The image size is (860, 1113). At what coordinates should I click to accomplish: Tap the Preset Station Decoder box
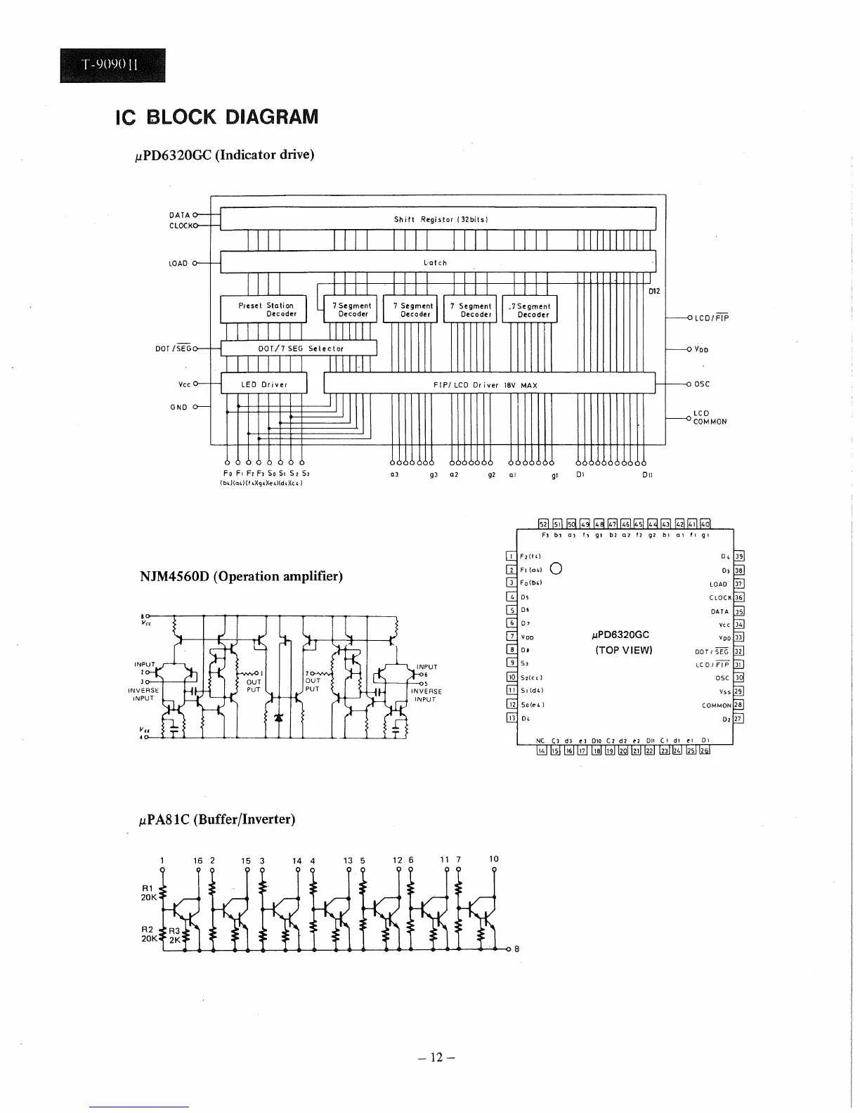point(264,309)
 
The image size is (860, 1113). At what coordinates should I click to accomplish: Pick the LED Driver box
point(264,384)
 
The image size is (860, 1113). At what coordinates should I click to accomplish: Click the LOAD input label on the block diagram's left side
point(178,263)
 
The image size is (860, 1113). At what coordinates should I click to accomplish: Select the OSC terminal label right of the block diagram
point(703,384)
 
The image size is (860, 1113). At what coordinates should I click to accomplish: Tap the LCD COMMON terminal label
point(709,417)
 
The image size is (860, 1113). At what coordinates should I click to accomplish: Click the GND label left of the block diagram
point(178,407)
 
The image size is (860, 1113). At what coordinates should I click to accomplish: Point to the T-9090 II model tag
point(112,65)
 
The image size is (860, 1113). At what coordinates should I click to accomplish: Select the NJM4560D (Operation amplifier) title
point(241,576)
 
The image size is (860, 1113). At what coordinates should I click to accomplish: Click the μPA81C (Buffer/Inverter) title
point(216,819)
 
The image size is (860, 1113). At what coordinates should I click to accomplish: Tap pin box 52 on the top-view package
point(542,523)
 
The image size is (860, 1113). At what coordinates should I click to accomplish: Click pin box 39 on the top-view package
point(738,556)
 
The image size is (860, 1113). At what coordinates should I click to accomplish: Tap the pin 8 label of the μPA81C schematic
point(517,949)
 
